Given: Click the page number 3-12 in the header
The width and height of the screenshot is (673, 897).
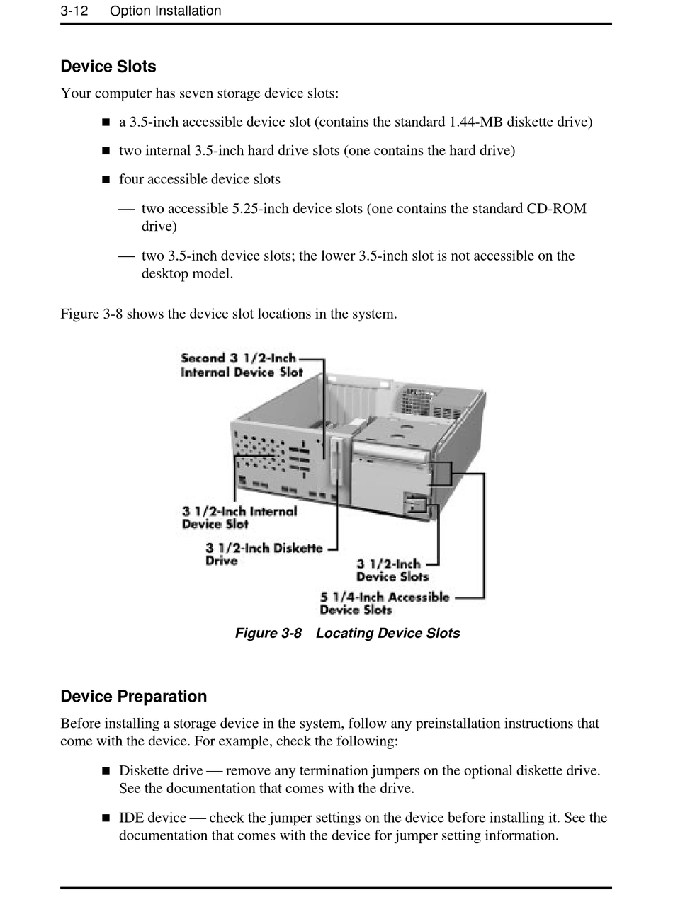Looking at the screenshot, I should pyautogui.click(x=74, y=11).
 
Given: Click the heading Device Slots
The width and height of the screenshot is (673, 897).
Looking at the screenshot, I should pyautogui.click(x=108, y=67).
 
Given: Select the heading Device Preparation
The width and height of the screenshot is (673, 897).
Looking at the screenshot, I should pyautogui.click(x=133, y=697).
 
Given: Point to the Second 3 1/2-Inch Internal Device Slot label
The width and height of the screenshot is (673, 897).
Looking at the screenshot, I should pyautogui.click(x=241, y=365).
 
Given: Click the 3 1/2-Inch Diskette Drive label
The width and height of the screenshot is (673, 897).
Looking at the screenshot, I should pyautogui.click(x=263, y=554).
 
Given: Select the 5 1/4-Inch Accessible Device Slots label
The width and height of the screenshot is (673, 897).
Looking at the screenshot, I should pyautogui.click(x=384, y=603).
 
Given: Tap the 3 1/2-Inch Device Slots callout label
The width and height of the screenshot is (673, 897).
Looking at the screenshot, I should pyautogui.click(x=392, y=570).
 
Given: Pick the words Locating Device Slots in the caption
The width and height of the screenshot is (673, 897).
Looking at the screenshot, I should pyautogui.click(x=388, y=633).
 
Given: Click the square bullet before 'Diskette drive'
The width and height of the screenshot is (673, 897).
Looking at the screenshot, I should pyautogui.click(x=106, y=770).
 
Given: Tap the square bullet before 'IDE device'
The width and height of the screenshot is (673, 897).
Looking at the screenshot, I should pyautogui.click(x=106, y=818).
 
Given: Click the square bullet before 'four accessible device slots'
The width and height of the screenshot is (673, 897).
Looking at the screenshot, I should pyautogui.click(x=106, y=180).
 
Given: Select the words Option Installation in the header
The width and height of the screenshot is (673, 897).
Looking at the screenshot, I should pyautogui.click(x=165, y=11).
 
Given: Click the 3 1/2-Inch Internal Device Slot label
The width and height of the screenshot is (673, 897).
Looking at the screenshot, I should pyautogui.click(x=239, y=518).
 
